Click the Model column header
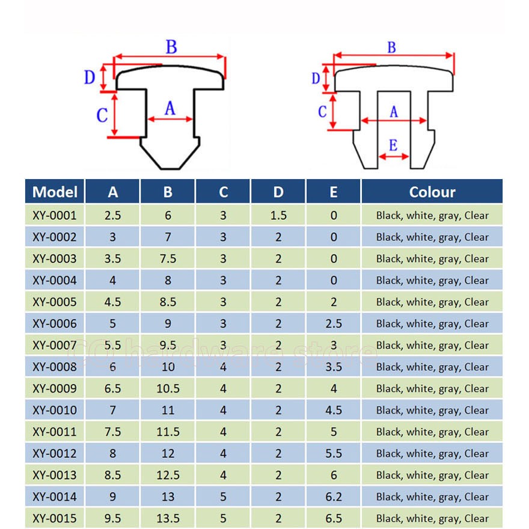pyautogui.click(x=55, y=192)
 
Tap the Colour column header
pyautogui.click(x=432, y=192)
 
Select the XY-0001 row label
pyautogui.click(x=55, y=215)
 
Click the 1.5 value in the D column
pyautogui.click(x=278, y=215)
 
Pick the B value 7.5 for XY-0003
pyautogui.click(x=168, y=258)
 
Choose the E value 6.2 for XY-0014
pyautogui.click(x=334, y=497)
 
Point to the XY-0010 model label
pyautogui.click(x=55, y=410)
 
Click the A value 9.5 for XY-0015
pyautogui.click(x=112, y=518)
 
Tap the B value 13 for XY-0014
pyautogui.click(x=168, y=497)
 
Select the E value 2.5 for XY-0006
pyautogui.click(x=334, y=323)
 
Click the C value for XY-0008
pyautogui.click(x=223, y=367)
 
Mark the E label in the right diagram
pyautogui.click(x=393, y=145)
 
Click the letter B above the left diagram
pyautogui.click(x=171, y=47)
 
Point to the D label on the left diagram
pyautogui.click(x=90, y=78)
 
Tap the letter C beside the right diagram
pyautogui.click(x=322, y=111)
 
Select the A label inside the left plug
pyautogui.click(x=170, y=108)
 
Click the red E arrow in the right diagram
pyautogui.click(x=394, y=156)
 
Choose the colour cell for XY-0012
pyautogui.click(x=432, y=453)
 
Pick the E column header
pyautogui.click(x=333, y=192)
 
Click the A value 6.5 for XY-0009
pyautogui.click(x=112, y=388)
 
